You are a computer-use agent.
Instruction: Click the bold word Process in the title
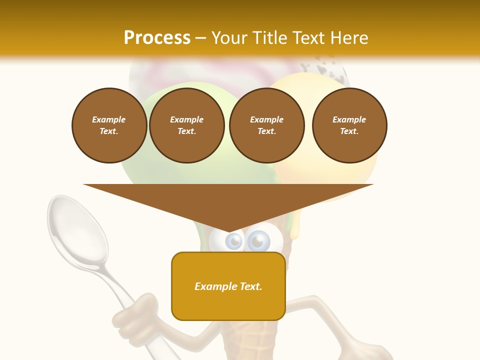[x=157, y=38]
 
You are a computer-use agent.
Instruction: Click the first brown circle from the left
[x=109, y=125]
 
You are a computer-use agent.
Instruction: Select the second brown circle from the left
[x=186, y=125]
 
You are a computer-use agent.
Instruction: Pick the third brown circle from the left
[x=266, y=125]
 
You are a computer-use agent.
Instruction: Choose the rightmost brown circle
[x=349, y=125]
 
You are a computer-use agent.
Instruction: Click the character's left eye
[x=233, y=242]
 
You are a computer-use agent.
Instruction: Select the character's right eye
[x=258, y=241]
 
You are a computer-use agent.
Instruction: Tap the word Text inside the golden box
[x=251, y=286]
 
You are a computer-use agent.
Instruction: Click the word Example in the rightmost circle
[x=349, y=119]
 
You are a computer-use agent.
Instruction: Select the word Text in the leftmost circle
[x=108, y=131]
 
